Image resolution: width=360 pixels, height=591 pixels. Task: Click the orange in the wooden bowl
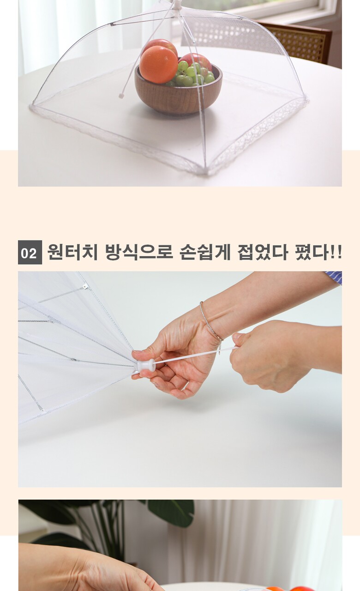tap(158, 65)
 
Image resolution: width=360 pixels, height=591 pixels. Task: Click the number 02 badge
tap(30, 252)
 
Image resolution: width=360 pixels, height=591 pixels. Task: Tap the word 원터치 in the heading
tap(72, 252)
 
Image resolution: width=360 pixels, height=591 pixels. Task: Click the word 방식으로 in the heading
tap(139, 252)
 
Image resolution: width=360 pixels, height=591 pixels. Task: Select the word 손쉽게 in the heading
tap(205, 252)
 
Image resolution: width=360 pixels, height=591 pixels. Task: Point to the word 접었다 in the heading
tap(263, 252)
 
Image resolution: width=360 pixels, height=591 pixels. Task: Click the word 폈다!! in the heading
tap(318, 252)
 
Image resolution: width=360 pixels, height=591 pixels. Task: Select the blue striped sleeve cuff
tap(334, 277)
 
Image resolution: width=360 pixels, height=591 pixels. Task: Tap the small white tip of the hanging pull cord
tap(121, 96)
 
